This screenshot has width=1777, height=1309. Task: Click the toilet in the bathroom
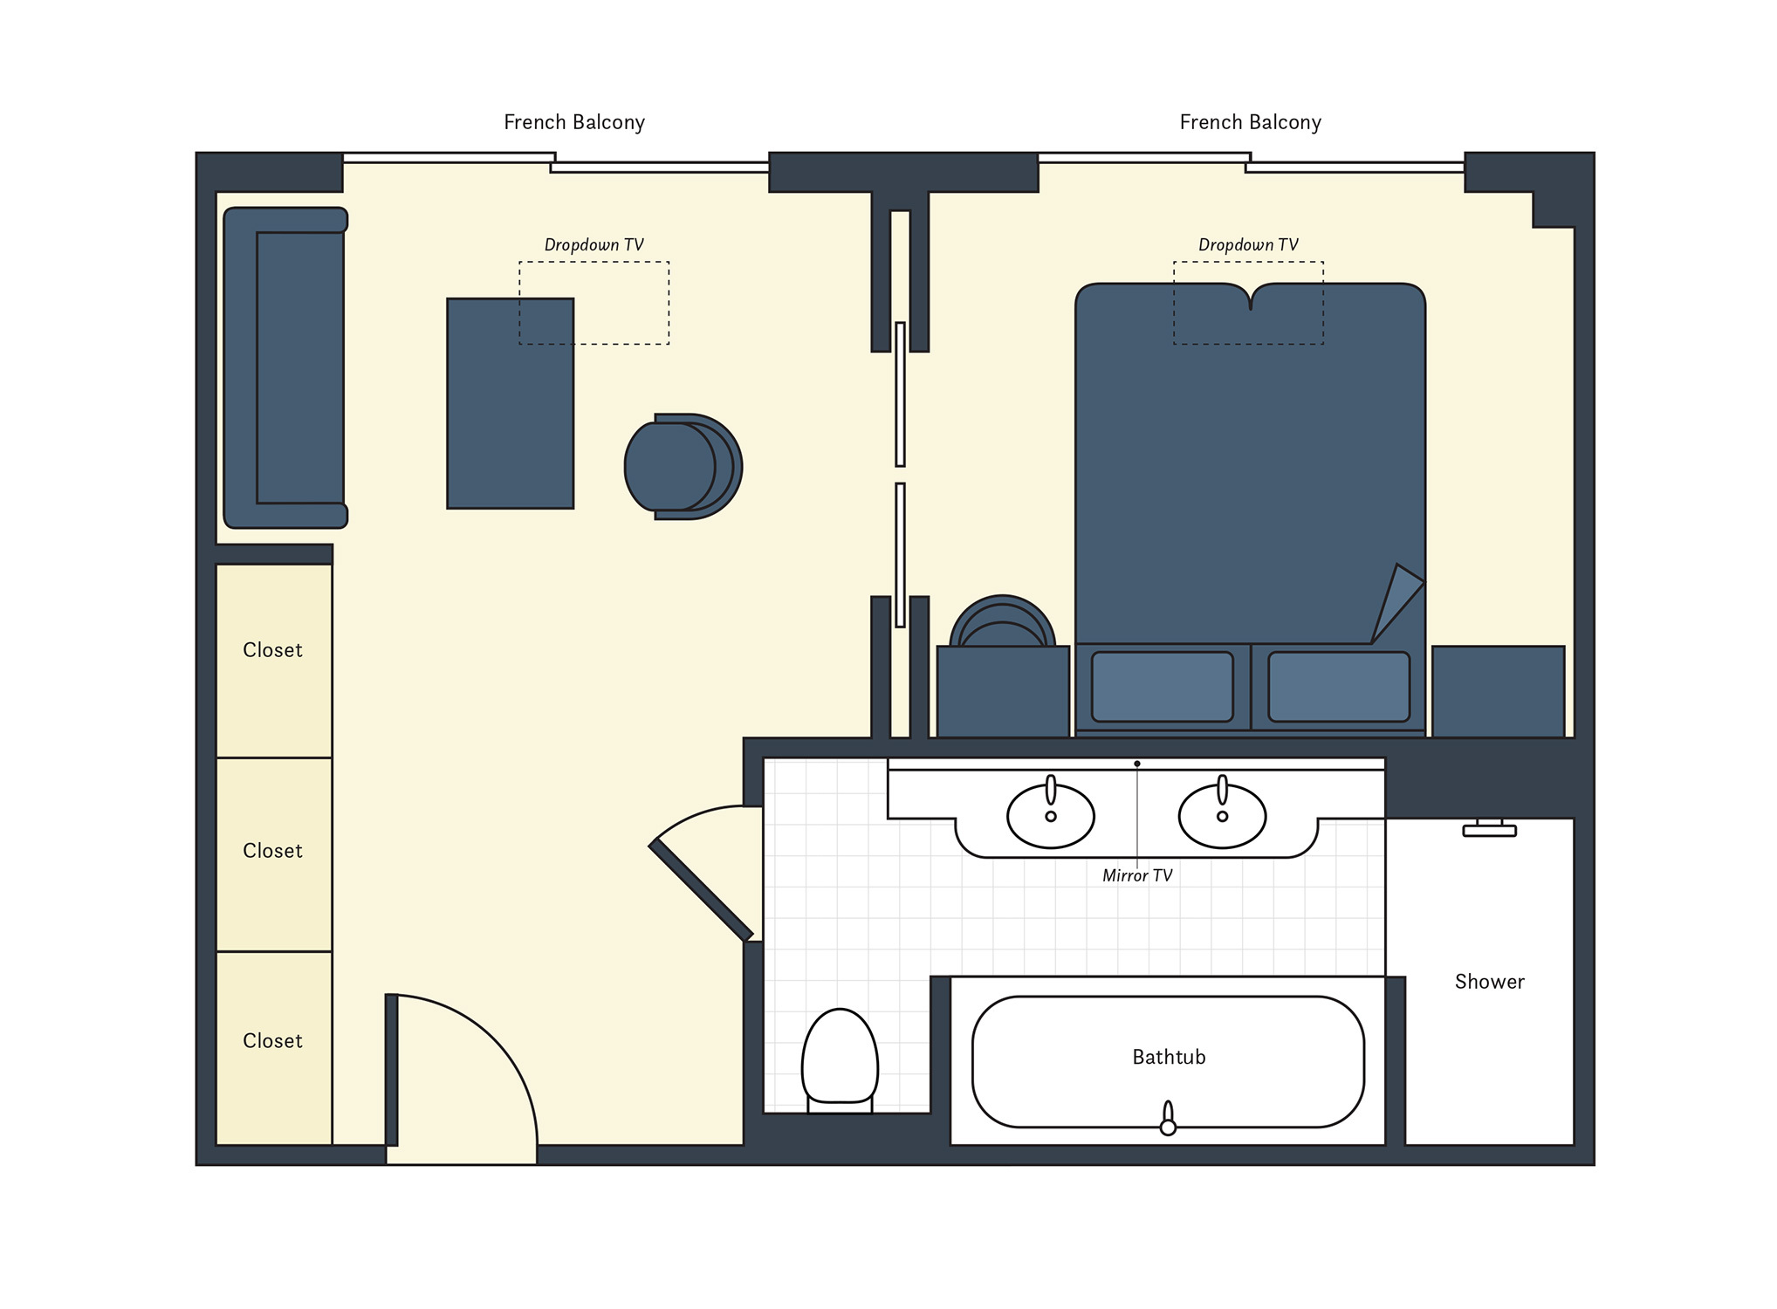[x=840, y=1060]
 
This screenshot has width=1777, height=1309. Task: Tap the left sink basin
[x=1051, y=816]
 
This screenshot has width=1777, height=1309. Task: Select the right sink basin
[x=1222, y=816]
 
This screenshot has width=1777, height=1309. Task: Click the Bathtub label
[x=1169, y=1057]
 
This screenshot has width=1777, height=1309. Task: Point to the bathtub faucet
[x=1168, y=1119]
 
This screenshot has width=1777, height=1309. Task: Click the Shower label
[x=1489, y=982]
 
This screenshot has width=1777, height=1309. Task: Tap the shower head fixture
[x=1489, y=828]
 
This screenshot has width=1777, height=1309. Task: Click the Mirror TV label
[x=1137, y=875]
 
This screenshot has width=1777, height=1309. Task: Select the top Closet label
[x=272, y=650]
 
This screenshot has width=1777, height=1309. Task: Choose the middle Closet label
[x=272, y=851]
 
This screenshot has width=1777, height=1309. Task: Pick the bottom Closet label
[x=272, y=1041]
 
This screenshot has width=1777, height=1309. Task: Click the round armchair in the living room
[x=683, y=467]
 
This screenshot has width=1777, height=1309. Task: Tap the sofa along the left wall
[x=285, y=367]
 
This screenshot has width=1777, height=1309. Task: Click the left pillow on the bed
[x=1163, y=687]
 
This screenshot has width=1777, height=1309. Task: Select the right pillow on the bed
[x=1339, y=687]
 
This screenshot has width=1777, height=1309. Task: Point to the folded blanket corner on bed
[x=1396, y=602]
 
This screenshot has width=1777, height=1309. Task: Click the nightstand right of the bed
[x=1499, y=691]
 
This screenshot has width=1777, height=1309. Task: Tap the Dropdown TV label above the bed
[x=1248, y=245]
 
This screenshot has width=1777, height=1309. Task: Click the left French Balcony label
[x=574, y=122]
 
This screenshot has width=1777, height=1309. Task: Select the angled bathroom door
[x=701, y=890]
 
